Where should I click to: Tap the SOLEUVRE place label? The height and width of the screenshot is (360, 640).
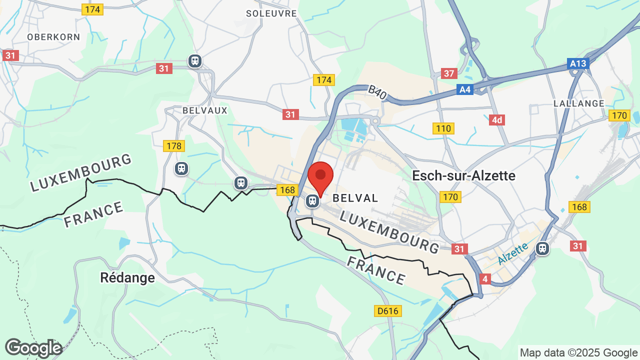tap(271, 13)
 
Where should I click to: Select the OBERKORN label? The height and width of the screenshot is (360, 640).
tap(53, 37)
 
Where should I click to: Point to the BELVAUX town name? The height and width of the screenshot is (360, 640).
tap(205, 110)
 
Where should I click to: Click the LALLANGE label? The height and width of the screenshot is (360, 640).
tap(579, 103)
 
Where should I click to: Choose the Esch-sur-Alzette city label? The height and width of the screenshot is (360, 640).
tap(463, 175)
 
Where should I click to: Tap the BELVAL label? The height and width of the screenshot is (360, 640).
tap(355, 198)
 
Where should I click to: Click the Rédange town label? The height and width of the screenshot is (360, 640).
tap(127, 277)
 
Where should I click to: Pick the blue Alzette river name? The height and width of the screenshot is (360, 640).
tap(512, 254)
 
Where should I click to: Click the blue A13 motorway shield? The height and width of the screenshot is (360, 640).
tap(578, 64)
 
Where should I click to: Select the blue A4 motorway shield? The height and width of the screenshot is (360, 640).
tap(465, 89)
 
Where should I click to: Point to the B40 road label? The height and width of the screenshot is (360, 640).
tap(377, 92)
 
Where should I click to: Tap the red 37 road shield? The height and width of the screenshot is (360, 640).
tap(449, 73)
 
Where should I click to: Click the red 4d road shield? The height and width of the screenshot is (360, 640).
tap(496, 120)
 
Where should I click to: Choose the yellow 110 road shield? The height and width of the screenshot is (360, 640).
tap(443, 128)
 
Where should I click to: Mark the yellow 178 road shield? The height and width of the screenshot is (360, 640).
tap(174, 146)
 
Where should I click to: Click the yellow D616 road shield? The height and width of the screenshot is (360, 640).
tap(387, 311)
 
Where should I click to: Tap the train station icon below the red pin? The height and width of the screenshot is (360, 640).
tap(312, 201)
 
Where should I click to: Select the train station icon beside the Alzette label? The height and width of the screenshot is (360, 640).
tap(542, 248)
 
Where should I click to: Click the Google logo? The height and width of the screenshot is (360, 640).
tap(33, 348)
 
